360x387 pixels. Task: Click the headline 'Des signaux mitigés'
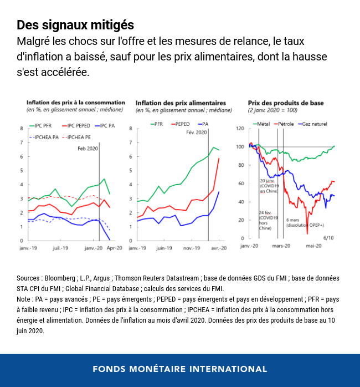(75, 25)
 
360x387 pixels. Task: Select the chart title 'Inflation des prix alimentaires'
(173, 103)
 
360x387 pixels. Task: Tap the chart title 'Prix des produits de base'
(286, 103)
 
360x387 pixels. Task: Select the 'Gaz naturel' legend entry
(316, 124)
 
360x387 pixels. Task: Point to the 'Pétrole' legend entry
(286, 124)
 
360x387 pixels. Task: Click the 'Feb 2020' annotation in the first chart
(88, 149)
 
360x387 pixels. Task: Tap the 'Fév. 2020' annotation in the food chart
(197, 133)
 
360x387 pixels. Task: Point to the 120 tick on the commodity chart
(239, 129)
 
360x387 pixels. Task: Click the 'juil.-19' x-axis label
(61, 248)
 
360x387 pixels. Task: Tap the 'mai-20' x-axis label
(314, 246)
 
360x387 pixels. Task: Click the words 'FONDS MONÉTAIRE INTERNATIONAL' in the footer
(179, 369)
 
